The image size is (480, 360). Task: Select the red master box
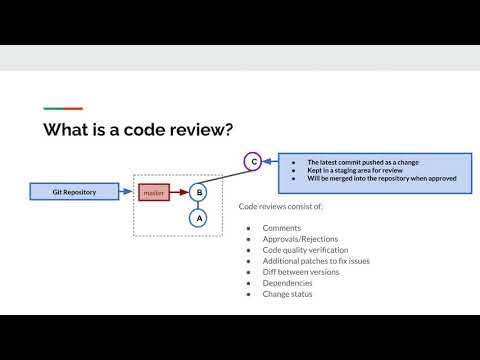coord(153,191)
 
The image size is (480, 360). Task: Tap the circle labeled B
coord(198,191)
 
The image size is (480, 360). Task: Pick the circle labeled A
coord(198,217)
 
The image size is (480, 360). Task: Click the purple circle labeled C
coord(253,161)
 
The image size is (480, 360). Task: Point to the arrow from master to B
coord(178,191)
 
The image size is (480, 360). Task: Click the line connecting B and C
coord(225,175)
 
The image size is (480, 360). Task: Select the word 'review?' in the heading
coord(204,130)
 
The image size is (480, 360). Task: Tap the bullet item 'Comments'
coord(281,228)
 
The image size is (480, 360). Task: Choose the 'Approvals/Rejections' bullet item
coord(300,239)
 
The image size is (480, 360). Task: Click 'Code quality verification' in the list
coord(305,250)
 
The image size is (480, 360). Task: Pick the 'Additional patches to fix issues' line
coord(318,261)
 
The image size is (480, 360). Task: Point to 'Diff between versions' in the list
coord(301,272)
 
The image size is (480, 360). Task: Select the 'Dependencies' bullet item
coord(287,283)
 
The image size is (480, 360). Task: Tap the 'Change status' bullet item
coord(287,294)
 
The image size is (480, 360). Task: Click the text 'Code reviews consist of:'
coord(281,206)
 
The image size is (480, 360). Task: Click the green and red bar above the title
coord(63,108)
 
